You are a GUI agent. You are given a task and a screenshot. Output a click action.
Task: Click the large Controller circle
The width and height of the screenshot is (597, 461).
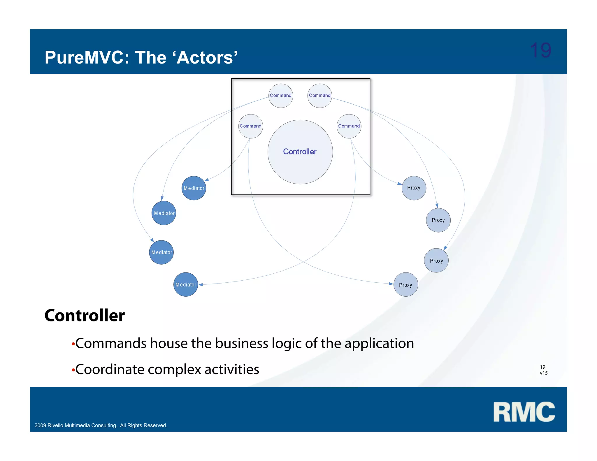300,152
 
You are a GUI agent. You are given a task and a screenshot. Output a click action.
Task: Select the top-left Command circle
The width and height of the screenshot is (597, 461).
280,96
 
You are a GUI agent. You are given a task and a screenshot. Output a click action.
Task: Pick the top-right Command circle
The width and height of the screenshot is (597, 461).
319,96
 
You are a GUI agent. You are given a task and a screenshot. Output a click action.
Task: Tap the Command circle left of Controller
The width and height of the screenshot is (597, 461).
250,126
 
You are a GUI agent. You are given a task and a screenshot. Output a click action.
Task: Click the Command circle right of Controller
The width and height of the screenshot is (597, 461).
349,126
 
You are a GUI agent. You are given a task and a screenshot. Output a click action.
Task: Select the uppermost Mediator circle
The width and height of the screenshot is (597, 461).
194,188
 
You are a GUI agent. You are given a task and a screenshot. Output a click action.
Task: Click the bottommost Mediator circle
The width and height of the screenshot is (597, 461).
186,285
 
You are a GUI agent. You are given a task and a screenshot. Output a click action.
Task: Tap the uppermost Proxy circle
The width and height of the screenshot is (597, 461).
414,188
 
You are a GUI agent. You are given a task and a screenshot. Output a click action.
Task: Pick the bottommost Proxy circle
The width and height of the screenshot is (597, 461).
405,285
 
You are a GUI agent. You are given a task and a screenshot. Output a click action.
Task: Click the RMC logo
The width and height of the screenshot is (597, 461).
524,412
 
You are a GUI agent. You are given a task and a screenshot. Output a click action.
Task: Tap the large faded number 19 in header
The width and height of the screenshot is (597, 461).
540,50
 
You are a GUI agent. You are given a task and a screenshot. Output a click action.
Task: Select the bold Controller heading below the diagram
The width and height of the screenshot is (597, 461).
85,315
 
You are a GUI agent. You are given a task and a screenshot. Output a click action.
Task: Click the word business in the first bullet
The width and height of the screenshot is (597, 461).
241,343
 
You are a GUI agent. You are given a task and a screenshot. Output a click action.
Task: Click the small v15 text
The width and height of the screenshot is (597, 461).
543,373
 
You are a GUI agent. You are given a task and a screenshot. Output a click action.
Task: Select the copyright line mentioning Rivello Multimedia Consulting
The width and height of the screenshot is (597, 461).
101,425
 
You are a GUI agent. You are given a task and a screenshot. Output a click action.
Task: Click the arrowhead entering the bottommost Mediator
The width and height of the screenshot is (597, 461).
201,284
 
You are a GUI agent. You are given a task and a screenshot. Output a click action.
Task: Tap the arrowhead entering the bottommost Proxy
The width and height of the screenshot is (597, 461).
391,284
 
